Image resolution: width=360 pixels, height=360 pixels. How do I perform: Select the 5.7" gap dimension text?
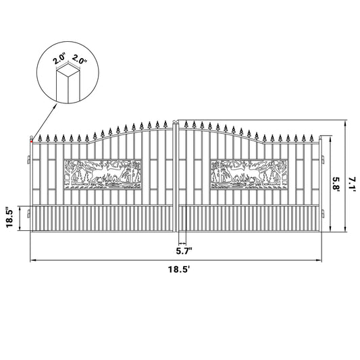point(182,250)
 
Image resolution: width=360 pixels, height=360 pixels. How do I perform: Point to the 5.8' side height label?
point(336,182)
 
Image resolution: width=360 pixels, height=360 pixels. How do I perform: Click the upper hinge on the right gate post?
point(322,160)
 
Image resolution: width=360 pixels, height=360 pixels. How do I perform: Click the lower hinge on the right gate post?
point(322,215)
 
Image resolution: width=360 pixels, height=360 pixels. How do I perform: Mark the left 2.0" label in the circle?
point(59,59)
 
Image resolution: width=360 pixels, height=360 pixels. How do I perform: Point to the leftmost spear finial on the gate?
point(40,138)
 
